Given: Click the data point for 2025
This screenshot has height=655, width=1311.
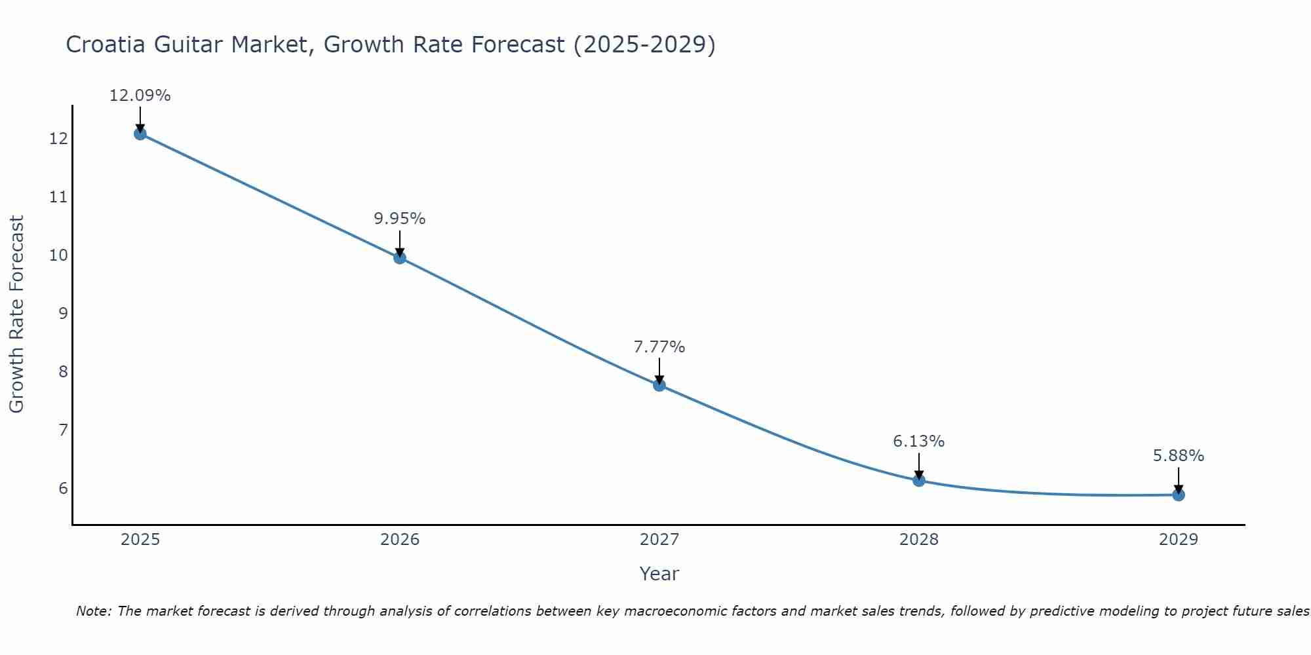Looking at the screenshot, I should click(x=140, y=134).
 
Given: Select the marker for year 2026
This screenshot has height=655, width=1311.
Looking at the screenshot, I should click(x=400, y=258).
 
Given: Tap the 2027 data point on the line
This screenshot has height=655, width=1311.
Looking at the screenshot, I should click(x=659, y=385).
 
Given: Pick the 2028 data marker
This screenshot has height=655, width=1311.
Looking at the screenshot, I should click(x=919, y=481).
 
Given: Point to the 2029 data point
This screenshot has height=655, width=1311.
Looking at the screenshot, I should click(x=1179, y=495).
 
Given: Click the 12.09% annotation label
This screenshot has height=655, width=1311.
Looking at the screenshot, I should click(x=140, y=96).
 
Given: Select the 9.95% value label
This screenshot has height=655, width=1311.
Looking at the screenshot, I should click(x=400, y=219).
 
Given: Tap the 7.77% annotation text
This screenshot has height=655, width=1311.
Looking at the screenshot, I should click(x=659, y=347).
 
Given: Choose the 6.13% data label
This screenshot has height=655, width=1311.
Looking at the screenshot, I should click(x=919, y=441).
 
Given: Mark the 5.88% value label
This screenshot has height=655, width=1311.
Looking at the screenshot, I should click(x=1179, y=456).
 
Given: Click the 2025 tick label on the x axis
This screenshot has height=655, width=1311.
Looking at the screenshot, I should click(x=140, y=540).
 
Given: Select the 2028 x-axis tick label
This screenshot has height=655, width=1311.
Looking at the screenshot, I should click(x=919, y=540).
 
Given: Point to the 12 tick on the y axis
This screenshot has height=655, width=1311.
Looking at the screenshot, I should click(x=58, y=139).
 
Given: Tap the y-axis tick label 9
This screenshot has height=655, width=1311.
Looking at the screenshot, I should click(x=63, y=314).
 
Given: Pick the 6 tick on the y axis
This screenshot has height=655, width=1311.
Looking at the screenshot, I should click(x=63, y=489).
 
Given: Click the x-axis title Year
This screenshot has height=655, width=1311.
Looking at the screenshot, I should click(x=659, y=574).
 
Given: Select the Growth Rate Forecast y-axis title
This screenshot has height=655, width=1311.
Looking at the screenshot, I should click(x=16, y=314).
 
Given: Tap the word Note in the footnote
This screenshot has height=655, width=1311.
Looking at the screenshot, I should click(x=94, y=611).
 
